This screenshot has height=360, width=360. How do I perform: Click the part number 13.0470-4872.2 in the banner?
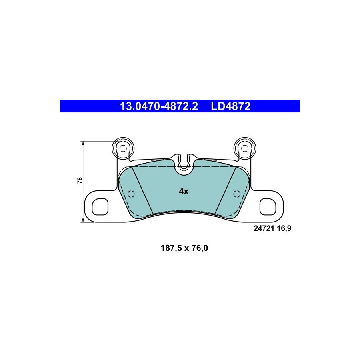(159, 106)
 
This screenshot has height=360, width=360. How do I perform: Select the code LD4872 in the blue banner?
(230, 106)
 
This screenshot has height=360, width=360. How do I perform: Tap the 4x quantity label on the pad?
(184, 191)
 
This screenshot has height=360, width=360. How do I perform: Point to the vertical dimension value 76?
(80, 180)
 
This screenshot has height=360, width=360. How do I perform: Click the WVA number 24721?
(264, 228)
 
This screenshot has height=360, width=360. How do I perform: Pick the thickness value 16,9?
(284, 228)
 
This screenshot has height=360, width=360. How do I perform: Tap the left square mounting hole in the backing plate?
(100, 207)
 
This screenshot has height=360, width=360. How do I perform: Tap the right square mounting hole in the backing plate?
(268, 207)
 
